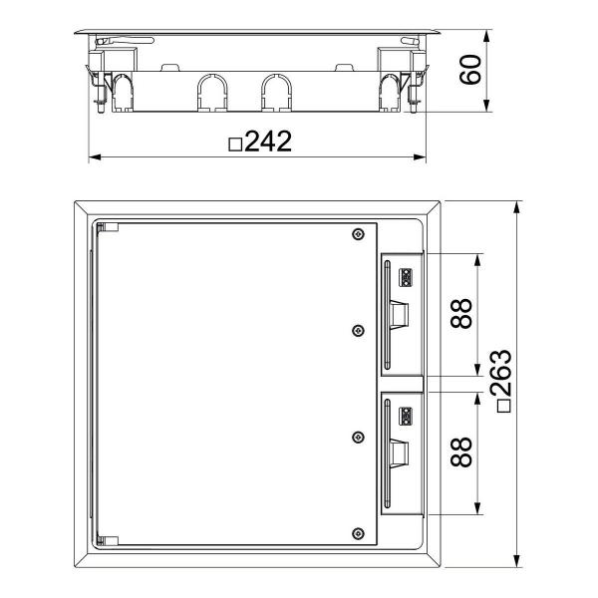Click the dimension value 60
469,71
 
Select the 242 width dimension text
268,143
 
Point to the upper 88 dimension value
458,314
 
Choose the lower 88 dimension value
458,451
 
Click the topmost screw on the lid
357,235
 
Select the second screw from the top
357,332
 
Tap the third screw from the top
357,436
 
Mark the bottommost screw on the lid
357,532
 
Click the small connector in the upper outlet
406,274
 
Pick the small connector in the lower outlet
406,415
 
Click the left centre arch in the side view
211,92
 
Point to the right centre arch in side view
275,92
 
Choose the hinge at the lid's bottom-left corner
108,539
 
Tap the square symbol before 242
235,145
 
